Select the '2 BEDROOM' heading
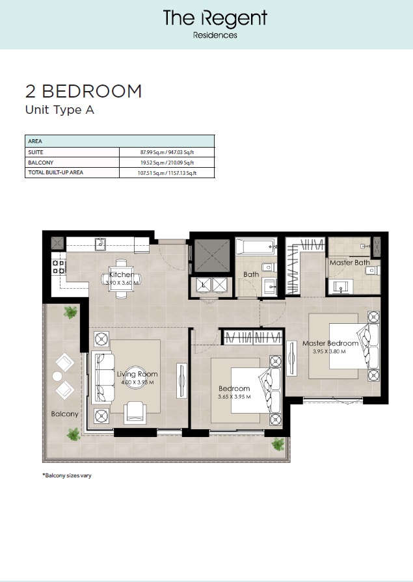83,91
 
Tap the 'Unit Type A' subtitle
59,110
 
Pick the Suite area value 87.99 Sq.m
167,152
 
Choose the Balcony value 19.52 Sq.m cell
167,162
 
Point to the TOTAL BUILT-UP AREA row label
55,172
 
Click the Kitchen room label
122,274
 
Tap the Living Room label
137,374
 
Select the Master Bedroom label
330,343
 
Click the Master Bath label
349,263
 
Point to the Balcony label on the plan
65,414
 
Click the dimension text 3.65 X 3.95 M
234,397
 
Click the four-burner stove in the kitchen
58,267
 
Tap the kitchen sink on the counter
101,244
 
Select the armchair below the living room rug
135,410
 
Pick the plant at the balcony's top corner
70,313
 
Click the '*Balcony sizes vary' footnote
66,475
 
